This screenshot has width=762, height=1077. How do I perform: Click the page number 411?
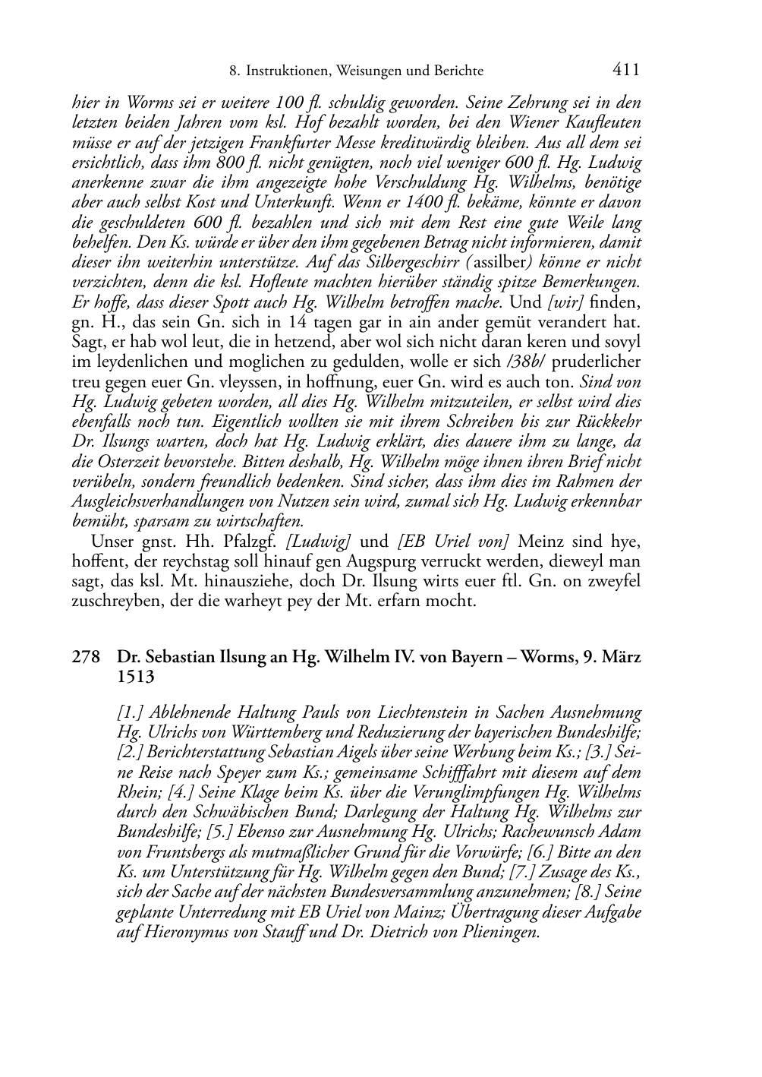point(625,70)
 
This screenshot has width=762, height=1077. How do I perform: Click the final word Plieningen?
point(501,932)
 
